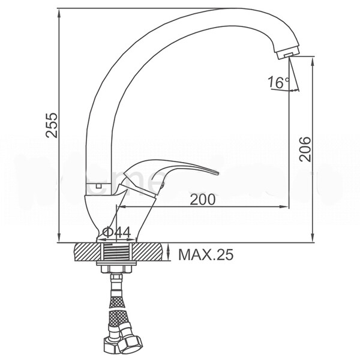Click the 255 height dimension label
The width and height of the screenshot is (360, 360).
(52, 125)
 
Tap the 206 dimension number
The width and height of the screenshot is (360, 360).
(305, 149)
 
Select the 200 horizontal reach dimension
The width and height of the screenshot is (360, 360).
(203, 199)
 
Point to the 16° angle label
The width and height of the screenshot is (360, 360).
(278, 82)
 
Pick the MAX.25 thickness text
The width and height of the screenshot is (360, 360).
(206, 254)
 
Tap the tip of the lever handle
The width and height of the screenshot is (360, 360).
(217, 173)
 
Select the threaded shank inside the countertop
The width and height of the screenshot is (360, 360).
(116, 252)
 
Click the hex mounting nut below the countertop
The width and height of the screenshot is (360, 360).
(116, 269)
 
